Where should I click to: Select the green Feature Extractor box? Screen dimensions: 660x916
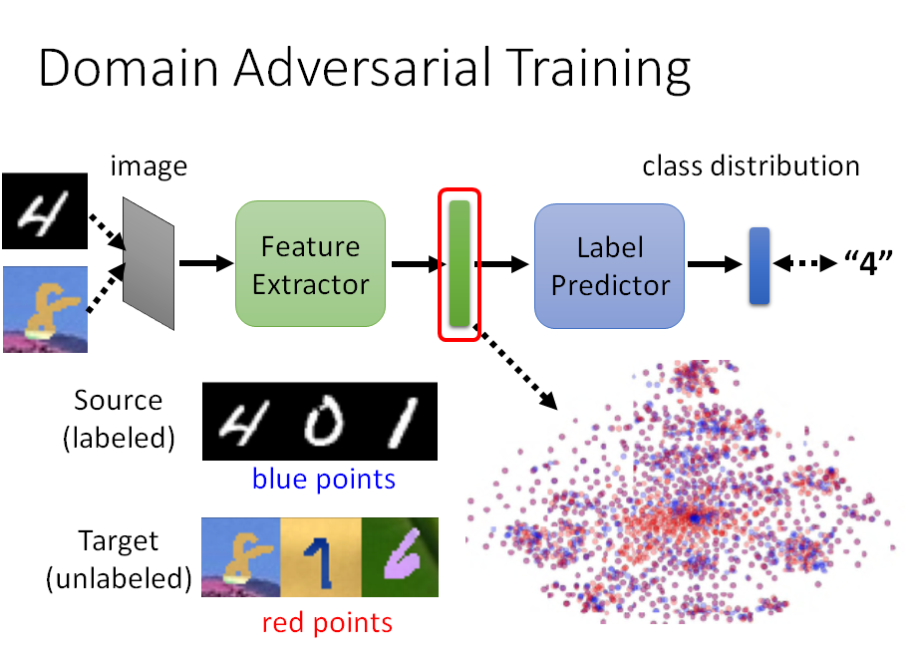[x=310, y=264]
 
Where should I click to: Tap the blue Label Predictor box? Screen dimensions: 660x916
[x=610, y=266]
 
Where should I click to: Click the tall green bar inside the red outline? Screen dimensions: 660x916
[x=459, y=262]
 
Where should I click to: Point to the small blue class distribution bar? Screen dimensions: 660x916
[x=760, y=265]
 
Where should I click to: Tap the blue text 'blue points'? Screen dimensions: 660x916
[x=324, y=480]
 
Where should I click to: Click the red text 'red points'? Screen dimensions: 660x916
[x=327, y=623]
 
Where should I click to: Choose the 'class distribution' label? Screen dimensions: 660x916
[x=751, y=165]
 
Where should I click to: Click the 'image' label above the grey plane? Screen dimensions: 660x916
[x=148, y=166]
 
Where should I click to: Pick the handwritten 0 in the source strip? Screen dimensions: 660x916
[x=321, y=422]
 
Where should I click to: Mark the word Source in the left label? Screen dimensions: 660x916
[x=118, y=401]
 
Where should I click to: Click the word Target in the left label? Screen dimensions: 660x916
[x=119, y=542]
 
